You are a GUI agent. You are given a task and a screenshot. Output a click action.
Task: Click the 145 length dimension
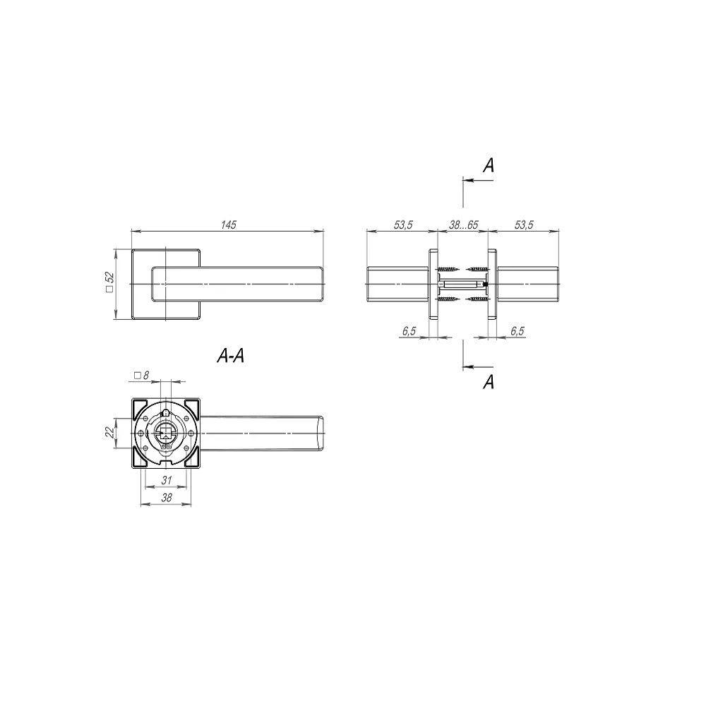(x=229, y=225)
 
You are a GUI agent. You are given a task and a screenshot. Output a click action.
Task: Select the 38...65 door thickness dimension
(x=463, y=225)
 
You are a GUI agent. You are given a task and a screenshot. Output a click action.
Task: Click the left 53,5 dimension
(x=403, y=225)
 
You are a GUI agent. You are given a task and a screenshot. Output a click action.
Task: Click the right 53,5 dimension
(x=524, y=225)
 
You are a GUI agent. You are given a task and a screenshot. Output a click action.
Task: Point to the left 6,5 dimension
(x=409, y=331)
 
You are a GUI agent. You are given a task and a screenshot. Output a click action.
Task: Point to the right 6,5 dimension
(x=517, y=331)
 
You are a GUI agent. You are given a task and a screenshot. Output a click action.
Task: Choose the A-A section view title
(x=231, y=356)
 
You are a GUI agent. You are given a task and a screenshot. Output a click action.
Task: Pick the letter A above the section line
(x=489, y=165)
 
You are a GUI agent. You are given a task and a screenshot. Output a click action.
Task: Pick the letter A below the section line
(x=489, y=382)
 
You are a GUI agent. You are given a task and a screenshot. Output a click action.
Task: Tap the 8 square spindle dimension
(x=141, y=375)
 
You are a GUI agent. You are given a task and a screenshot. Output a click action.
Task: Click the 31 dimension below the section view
(x=167, y=480)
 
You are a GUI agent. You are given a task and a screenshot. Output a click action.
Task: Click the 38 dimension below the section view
(x=167, y=498)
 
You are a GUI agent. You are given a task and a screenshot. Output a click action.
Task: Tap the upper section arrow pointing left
(x=478, y=180)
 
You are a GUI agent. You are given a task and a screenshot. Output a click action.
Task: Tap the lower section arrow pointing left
(x=478, y=366)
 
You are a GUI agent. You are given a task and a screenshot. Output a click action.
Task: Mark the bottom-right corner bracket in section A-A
(x=192, y=459)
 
